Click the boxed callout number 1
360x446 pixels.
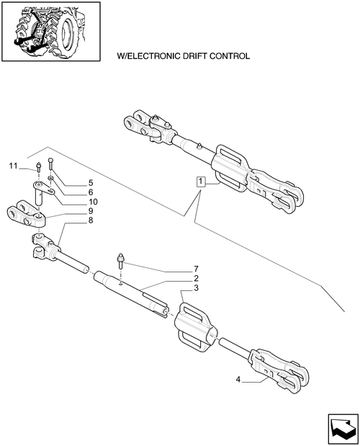tap(201, 182)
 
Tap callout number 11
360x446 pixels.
tap(14, 166)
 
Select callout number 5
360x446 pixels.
tap(91, 182)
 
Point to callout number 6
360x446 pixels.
tap(91, 192)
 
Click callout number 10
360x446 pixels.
tap(93, 202)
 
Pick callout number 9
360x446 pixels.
tap(91, 211)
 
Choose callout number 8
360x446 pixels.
tap(91, 220)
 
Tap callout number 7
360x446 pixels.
tap(196, 269)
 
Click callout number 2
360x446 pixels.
tap(196, 278)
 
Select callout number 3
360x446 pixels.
tap(196, 288)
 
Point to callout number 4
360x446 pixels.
tap(238, 380)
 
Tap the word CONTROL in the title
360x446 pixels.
tap(230, 56)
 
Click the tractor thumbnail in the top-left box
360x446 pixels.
tap(51, 31)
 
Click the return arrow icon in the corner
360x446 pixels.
tap(343, 429)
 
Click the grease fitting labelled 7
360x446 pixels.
tap(120, 261)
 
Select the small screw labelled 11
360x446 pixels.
tap(38, 166)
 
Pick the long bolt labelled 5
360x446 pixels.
tap(50, 164)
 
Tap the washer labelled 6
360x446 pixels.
tap(50, 179)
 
